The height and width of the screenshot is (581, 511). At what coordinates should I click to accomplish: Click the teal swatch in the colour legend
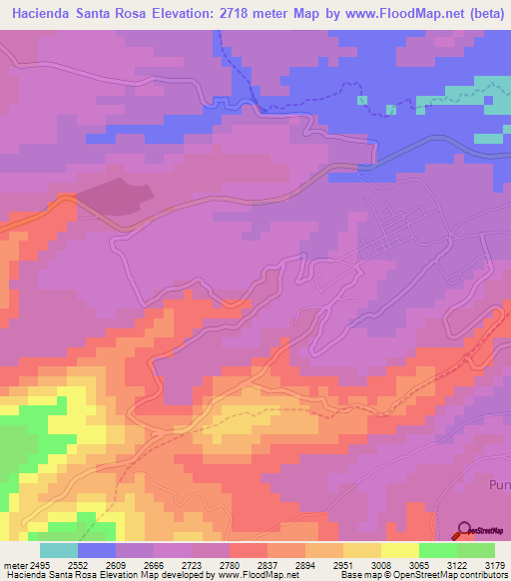coord(59,550)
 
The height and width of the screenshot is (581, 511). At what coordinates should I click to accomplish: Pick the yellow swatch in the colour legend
coord(399,550)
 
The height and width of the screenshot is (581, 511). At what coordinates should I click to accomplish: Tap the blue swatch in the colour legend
coord(97,550)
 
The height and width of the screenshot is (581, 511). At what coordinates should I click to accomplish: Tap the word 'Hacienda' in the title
coord(45,13)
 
